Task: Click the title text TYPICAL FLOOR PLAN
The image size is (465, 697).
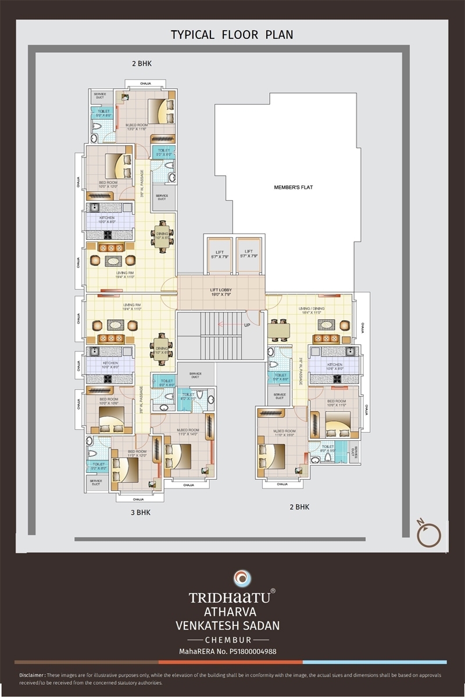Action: pos(232,35)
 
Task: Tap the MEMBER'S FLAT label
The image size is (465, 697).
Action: pos(294,188)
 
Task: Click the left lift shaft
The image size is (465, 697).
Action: pos(219,254)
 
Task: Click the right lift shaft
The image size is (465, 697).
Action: pos(250,254)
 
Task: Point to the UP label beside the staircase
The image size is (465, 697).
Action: pos(247,325)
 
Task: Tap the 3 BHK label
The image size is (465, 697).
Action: pos(140,512)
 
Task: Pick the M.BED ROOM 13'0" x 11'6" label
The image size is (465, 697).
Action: pos(137,127)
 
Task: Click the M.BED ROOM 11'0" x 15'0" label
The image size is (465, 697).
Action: pos(280,433)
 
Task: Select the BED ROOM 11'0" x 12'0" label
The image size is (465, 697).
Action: pos(137,454)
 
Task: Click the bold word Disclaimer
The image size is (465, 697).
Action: pos(31,676)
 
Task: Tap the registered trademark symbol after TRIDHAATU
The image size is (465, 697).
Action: pos(273,591)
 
